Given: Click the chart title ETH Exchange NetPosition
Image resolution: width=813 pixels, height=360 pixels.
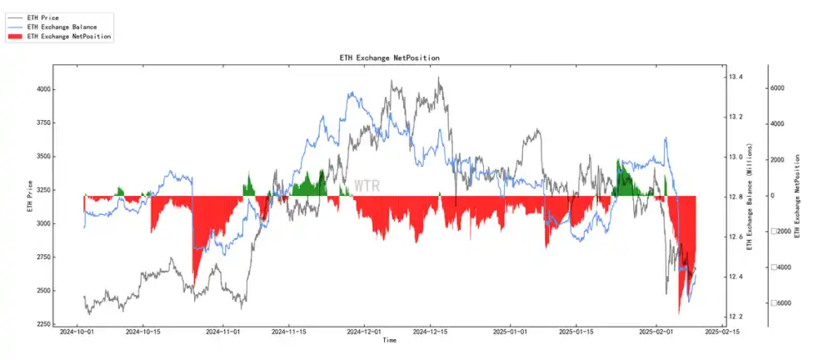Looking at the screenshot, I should pyautogui.click(x=390, y=57).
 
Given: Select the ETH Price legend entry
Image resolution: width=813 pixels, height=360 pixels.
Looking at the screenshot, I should pyautogui.click(x=42, y=17).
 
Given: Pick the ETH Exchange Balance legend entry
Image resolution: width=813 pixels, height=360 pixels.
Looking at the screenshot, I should pyautogui.click(x=62, y=27).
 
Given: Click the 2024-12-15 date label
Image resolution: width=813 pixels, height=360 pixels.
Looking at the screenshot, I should pyautogui.click(x=430, y=332).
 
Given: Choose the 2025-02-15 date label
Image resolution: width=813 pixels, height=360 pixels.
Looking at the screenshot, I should pyautogui.click(x=720, y=332).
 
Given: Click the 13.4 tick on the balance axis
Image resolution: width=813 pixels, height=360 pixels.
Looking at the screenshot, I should pyautogui.click(x=736, y=77).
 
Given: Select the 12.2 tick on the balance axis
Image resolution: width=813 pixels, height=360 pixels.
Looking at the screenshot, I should pyautogui.click(x=736, y=317).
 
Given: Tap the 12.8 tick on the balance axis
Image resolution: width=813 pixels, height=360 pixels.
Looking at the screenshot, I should pyautogui.click(x=736, y=197).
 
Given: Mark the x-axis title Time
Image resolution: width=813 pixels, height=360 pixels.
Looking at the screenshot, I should pyautogui.click(x=390, y=341).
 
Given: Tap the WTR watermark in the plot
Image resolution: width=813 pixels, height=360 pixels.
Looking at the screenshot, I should pyautogui.click(x=367, y=186).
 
